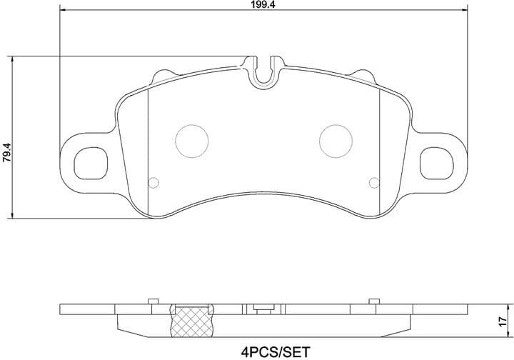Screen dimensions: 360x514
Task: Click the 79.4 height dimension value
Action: (6, 154)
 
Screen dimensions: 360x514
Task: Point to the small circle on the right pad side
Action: (373, 181)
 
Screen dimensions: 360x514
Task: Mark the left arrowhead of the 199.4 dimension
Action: (61, 11)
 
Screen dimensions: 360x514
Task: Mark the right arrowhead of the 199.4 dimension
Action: (465, 11)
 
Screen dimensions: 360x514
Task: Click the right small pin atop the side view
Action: (372, 301)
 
